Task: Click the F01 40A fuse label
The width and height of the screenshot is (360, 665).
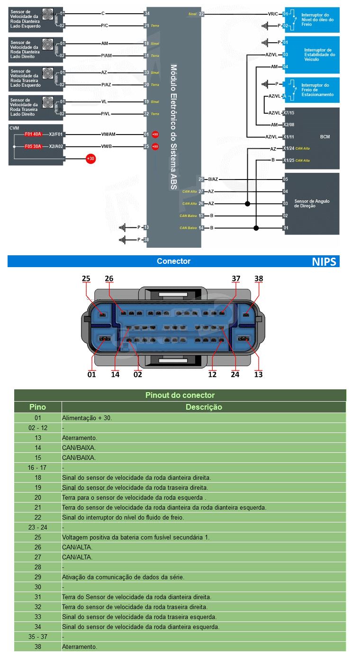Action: tap(34, 134)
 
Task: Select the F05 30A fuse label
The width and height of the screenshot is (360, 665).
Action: tap(34, 146)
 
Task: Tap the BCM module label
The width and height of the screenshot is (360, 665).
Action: tap(325, 137)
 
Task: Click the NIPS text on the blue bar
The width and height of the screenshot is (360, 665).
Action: tap(324, 261)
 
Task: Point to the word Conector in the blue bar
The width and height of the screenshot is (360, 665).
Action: tap(173, 261)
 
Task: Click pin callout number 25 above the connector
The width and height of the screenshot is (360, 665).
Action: tap(86, 279)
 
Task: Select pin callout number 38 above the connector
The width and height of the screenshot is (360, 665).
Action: tap(259, 279)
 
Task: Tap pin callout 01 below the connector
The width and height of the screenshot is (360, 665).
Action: tap(91, 374)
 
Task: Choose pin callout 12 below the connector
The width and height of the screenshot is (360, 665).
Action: tap(212, 374)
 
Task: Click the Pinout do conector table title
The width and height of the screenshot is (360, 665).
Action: tap(180, 395)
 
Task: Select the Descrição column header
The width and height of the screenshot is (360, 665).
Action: tap(204, 407)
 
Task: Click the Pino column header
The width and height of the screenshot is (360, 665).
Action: tap(38, 407)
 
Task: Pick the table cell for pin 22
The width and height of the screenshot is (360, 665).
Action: tap(38, 517)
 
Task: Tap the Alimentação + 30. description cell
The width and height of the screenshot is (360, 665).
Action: tap(87, 418)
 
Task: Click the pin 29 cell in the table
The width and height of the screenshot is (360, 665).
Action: tap(38, 577)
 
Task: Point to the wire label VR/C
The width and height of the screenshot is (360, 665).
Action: tap(273, 14)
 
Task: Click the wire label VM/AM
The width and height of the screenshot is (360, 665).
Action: tap(108, 134)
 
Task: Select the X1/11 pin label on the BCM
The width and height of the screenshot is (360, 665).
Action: tap(288, 137)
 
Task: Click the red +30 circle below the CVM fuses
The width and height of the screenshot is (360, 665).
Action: tap(90, 159)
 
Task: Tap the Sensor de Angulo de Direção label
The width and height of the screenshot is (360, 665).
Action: tap(312, 204)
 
